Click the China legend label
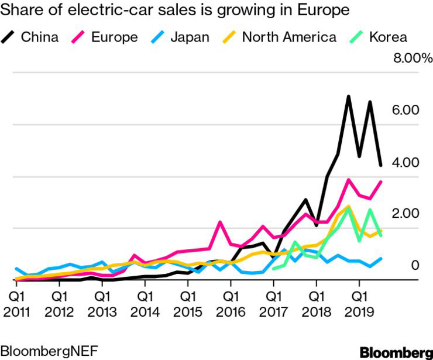tap(40, 37)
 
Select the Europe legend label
tap(115, 37)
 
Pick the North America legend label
tap(289, 37)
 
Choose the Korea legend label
tap(389, 37)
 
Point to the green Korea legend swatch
tap(358, 37)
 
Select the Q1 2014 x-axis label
tap(145, 297)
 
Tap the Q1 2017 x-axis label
tap(273, 297)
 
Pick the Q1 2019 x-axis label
tap(359, 297)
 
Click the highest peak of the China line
tap(348, 96)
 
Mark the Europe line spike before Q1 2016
tap(220, 222)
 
